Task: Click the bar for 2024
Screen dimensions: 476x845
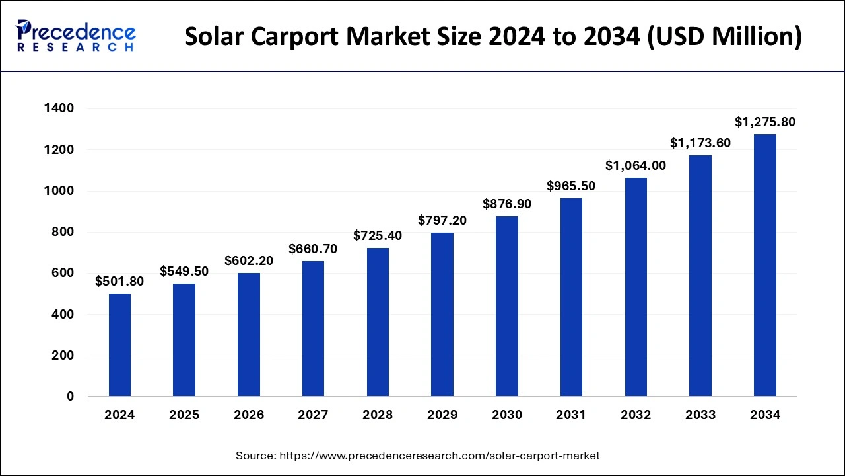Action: (119, 345)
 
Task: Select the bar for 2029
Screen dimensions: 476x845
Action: (442, 315)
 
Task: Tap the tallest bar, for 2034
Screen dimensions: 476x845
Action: (765, 265)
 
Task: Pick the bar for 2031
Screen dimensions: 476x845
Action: (571, 297)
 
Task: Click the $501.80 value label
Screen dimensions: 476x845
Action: (119, 282)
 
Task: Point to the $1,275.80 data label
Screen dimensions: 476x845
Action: (765, 122)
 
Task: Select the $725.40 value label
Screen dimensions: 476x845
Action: (378, 235)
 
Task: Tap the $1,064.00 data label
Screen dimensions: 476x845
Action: (636, 165)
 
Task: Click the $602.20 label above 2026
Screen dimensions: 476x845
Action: (249, 261)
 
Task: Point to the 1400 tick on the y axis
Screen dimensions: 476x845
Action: (59, 108)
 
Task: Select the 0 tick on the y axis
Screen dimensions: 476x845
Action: (69, 397)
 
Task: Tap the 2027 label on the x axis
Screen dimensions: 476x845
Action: (313, 415)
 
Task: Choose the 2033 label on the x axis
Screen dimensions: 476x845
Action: (700, 415)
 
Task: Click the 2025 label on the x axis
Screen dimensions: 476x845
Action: (184, 415)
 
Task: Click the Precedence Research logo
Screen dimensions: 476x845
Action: (76, 36)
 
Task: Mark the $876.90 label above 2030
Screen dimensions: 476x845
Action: (507, 204)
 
